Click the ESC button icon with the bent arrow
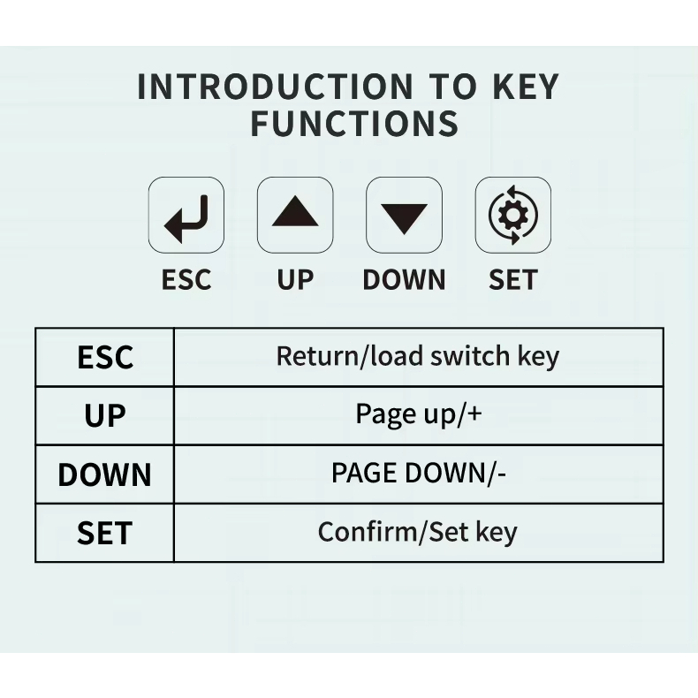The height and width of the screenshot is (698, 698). [186, 215]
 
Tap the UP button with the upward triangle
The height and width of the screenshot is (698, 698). [295, 215]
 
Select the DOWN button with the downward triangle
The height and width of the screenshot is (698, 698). [404, 215]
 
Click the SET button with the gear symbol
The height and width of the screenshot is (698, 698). [513, 215]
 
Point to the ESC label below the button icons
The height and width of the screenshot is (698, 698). [186, 279]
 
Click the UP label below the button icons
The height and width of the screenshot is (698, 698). [295, 279]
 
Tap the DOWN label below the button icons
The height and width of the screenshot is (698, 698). [404, 279]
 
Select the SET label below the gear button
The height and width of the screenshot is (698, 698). [513, 279]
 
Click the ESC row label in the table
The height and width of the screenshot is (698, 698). [105, 357]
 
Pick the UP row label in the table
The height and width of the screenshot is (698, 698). [105, 416]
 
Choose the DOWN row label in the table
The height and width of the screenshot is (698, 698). [105, 474]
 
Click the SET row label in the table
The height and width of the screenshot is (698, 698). [105, 533]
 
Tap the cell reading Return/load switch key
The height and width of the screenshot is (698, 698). [418, 357]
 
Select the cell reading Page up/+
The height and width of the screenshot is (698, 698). [419, 414]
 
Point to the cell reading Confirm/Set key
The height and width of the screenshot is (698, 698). [418, 532]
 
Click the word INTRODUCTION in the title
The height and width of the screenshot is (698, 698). [276, 87]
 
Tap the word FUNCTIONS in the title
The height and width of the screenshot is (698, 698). [355, 124]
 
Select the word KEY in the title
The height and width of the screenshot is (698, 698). [526, 87]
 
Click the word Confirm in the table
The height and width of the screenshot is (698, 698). [368, 531]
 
